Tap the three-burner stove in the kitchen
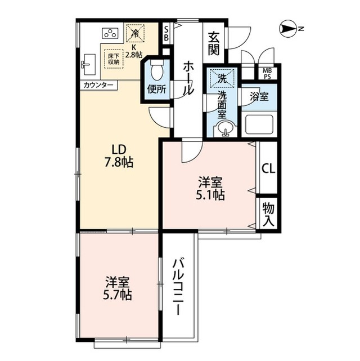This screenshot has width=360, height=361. tap(110, 33)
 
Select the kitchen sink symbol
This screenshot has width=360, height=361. tap(89, 64)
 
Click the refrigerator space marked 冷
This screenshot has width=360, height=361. tap(135, 34)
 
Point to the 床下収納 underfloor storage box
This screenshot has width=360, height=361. tap(114, 59)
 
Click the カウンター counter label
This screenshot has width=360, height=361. tap(98, 86)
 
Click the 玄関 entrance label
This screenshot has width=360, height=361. tap(214, 44)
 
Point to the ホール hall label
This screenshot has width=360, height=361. tap(188, 78)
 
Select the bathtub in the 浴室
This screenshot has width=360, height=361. tap(259, 124)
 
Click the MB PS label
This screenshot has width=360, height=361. tap(267, 73)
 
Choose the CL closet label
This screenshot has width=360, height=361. tap(268, 169)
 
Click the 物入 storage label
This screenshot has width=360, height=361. tap(268, 214)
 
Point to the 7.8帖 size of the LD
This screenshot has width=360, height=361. tap(119, 162)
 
